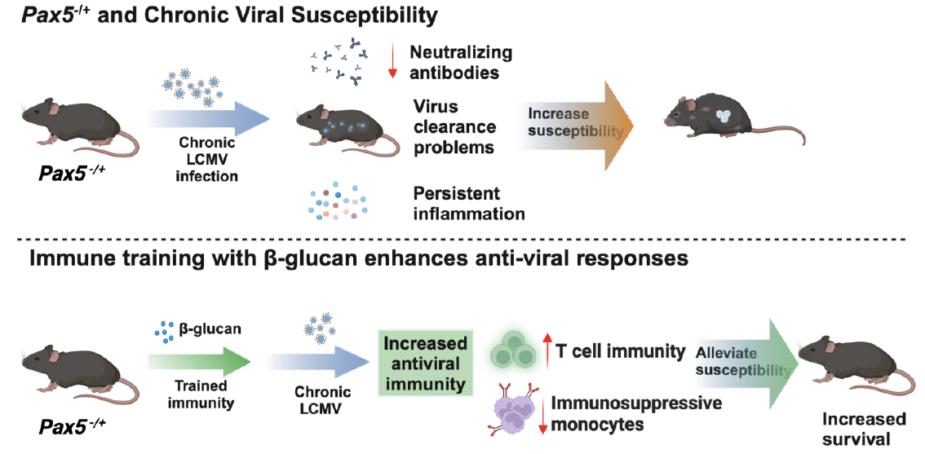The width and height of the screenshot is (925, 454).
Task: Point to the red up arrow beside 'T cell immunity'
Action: [547, 351]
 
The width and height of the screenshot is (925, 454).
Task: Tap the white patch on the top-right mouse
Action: [724, 117]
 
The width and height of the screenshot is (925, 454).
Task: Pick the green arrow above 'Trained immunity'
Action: [201, 361]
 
